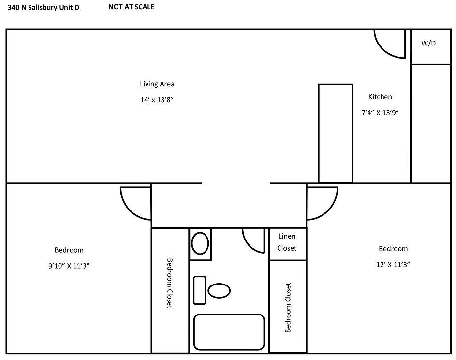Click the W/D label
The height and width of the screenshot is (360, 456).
(x=428, y=43)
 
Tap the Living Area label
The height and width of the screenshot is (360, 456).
(x=157, y=84)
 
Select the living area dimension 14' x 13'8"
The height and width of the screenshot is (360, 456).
(x=157, y=99)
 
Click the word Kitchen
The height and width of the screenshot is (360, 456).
(x=380, y=97)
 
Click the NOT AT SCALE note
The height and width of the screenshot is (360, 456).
(x=131, y=7)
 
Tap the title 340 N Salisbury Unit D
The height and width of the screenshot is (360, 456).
(x=44, y=8)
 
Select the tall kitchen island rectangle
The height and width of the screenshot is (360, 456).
(x=335, y=133)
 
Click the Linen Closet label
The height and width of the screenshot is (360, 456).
(x=287, y=242)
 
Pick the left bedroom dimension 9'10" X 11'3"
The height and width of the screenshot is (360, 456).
(x=69, y=265)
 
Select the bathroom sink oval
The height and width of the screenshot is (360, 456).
(x=200, y=243)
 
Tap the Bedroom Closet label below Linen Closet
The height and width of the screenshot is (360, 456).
(x=288, y=307)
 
